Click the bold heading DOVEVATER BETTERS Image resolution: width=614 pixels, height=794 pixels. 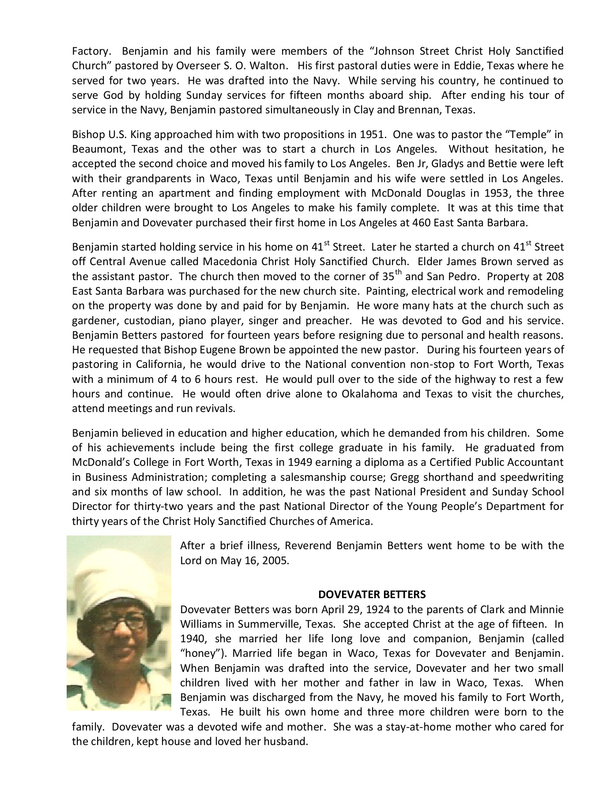click(x=372, y=594)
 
